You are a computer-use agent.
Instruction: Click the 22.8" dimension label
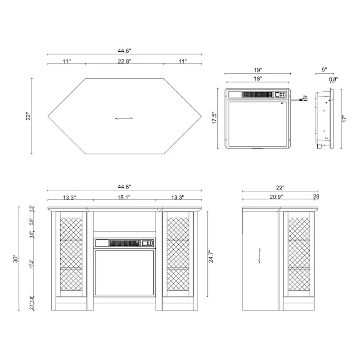click(x=125, y=62)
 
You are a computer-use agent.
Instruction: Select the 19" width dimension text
click(x=257, y=70)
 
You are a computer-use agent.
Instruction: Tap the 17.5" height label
click(x=215, y=119)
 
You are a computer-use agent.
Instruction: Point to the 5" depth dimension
click(x=324, y=70)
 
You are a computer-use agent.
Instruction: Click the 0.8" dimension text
click(x=333, y=79)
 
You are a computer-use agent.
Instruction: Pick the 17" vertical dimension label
click(x=344, y=119)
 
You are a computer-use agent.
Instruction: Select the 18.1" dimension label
click(x=125, y=197)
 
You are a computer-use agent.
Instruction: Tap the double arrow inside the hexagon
click(x=124, y=118)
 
